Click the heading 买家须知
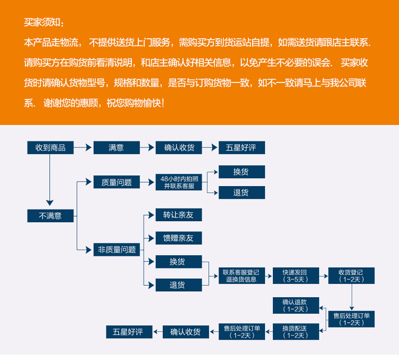(44, 23)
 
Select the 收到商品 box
(51, 148)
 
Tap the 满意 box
(117, 148)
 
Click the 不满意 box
(51, 216)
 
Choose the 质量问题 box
(117, 182)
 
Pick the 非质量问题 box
(117, 249)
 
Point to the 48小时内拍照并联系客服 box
(178, 182)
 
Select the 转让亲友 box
(178, 215)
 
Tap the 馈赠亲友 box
(178, 238)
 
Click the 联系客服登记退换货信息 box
(242, 275)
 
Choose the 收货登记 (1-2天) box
(351, 275)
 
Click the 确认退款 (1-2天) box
(296, 305)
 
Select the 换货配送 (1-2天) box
(296, 332)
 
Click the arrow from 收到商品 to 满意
(84, 148)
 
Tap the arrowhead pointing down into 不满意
(50, 203)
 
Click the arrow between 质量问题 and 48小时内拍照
(147, 182)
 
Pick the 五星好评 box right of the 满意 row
(242, 148)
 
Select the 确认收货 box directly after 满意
(178, 148)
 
